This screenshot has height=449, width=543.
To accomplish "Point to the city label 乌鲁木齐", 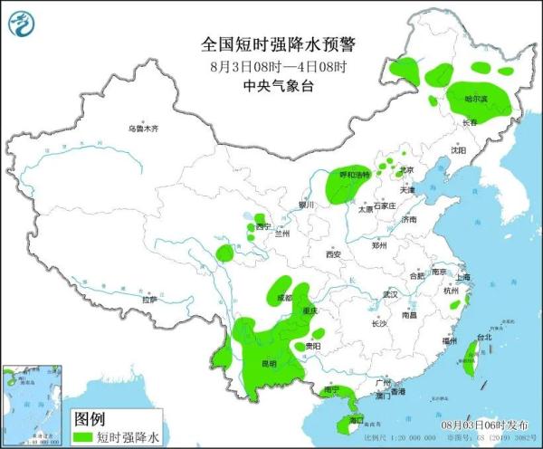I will pyautogui.click(x=142, y=129).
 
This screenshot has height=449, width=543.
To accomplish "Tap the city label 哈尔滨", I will pyautogui.click(x=475, y=98).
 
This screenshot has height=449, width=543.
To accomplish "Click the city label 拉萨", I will pyautogui.click(x=149, y=299).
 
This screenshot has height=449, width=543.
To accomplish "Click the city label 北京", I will pyautogui.click(x=406, y=169).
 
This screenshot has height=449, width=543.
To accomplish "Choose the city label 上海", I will pyautogui.click(x=462, y=277).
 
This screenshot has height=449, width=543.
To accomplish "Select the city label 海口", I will pyautogui.click(x=356, y=420).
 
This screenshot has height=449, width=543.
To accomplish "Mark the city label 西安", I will pyautogui.click(x=331, y=254).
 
